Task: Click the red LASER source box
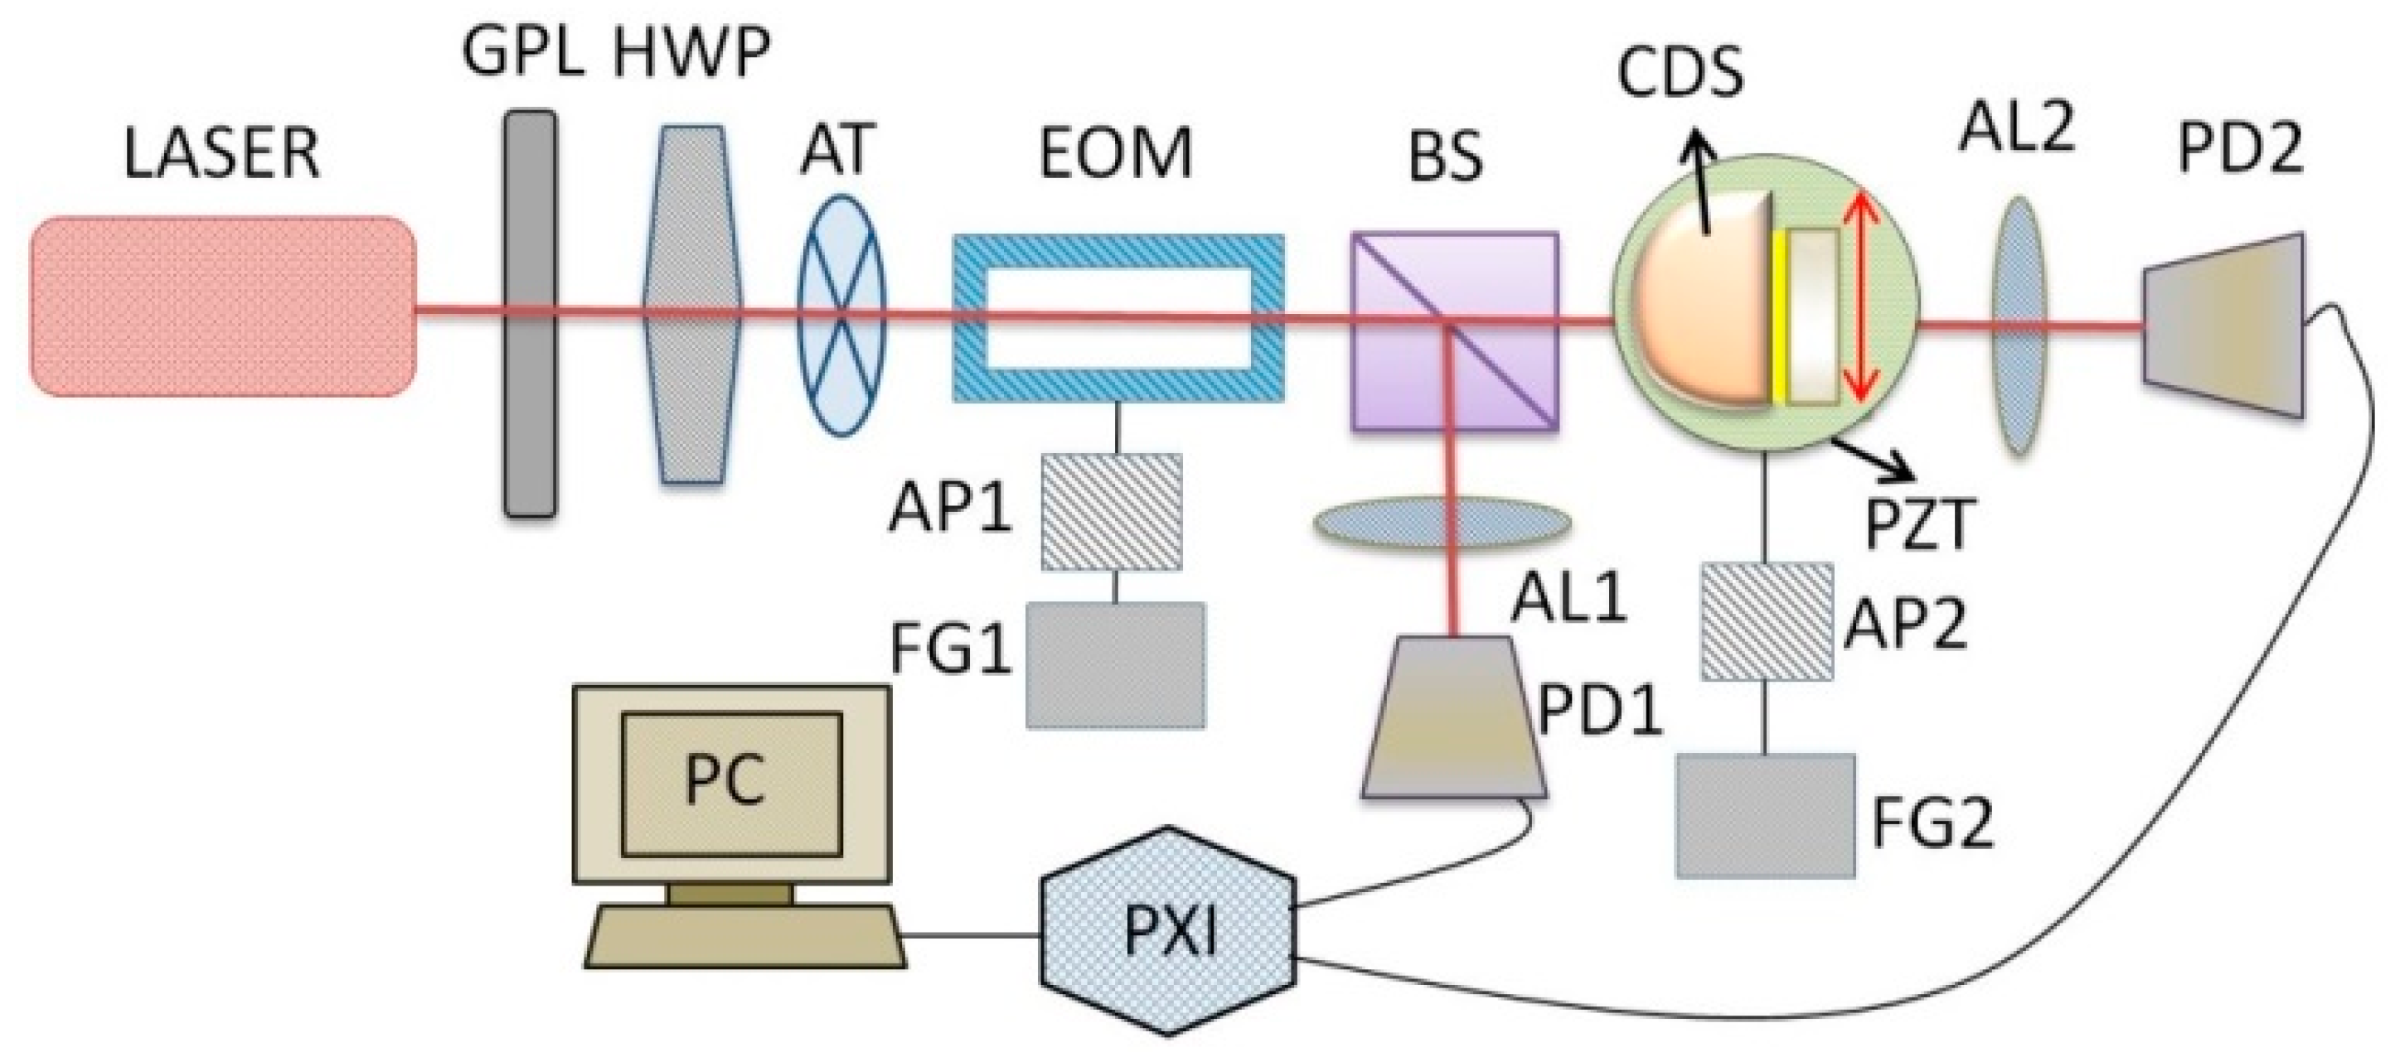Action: click(223, 306)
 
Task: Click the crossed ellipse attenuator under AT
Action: click(841, 316)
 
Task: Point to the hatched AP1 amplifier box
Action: click(1111, 511)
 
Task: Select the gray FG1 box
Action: click(1116, 664)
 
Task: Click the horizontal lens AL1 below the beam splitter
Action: click(1441, 523)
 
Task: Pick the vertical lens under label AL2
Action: click(2019, 326)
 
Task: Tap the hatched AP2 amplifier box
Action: click(1767, 620)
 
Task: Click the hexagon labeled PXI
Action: click(1168, 929)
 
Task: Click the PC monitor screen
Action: click(731, 784)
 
